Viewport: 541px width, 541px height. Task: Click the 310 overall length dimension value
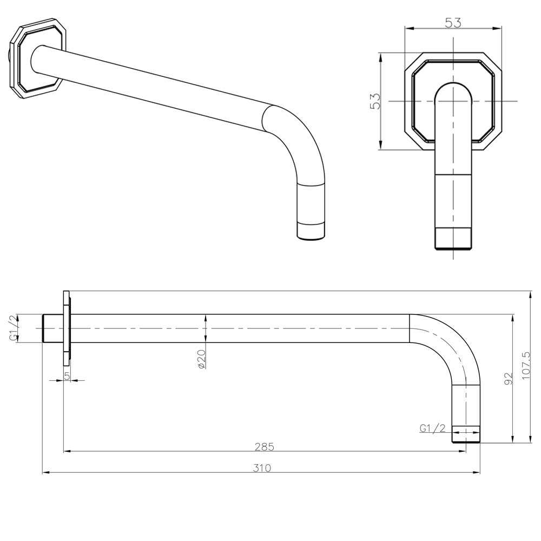(262, 468)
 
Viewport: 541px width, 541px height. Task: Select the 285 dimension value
(265, 447)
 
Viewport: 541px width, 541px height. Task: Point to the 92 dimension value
(507, 378)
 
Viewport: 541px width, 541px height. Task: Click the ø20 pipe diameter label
(201, 359)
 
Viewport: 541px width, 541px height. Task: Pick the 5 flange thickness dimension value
(67, 375)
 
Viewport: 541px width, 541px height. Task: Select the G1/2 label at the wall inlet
(15, 328)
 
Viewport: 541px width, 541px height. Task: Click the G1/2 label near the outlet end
(432, 428)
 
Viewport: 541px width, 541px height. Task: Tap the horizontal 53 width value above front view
(453, 23)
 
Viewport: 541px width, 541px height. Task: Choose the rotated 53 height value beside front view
(375, 101)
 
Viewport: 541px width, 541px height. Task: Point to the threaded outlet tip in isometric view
(312, 230)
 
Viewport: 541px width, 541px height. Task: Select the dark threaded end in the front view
(453, 239)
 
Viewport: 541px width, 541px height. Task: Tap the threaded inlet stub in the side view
(52, 328)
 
